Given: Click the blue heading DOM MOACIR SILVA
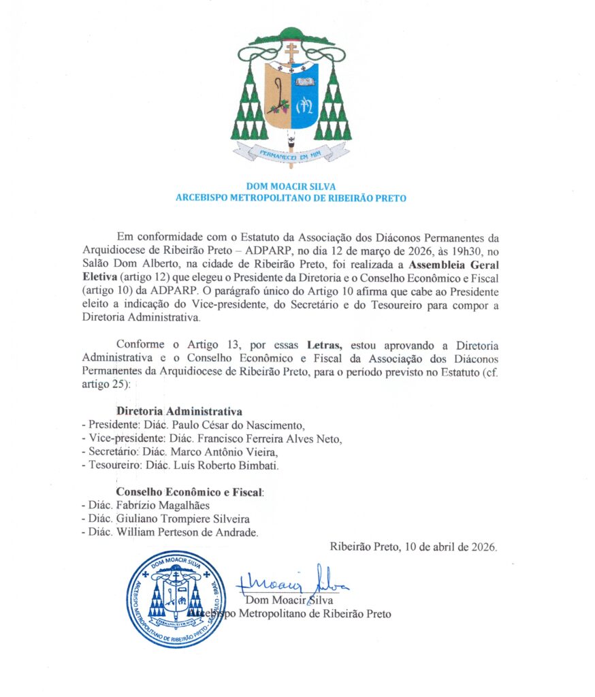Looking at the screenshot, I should [x=291, y=187].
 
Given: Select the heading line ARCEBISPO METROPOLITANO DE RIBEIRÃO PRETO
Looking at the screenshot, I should [x=291, y=198].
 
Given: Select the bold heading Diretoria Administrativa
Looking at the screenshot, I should [x=179, y=412].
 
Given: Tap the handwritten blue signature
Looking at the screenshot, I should [x=293, y=581].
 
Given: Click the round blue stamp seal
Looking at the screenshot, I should [x=176, y=599].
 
